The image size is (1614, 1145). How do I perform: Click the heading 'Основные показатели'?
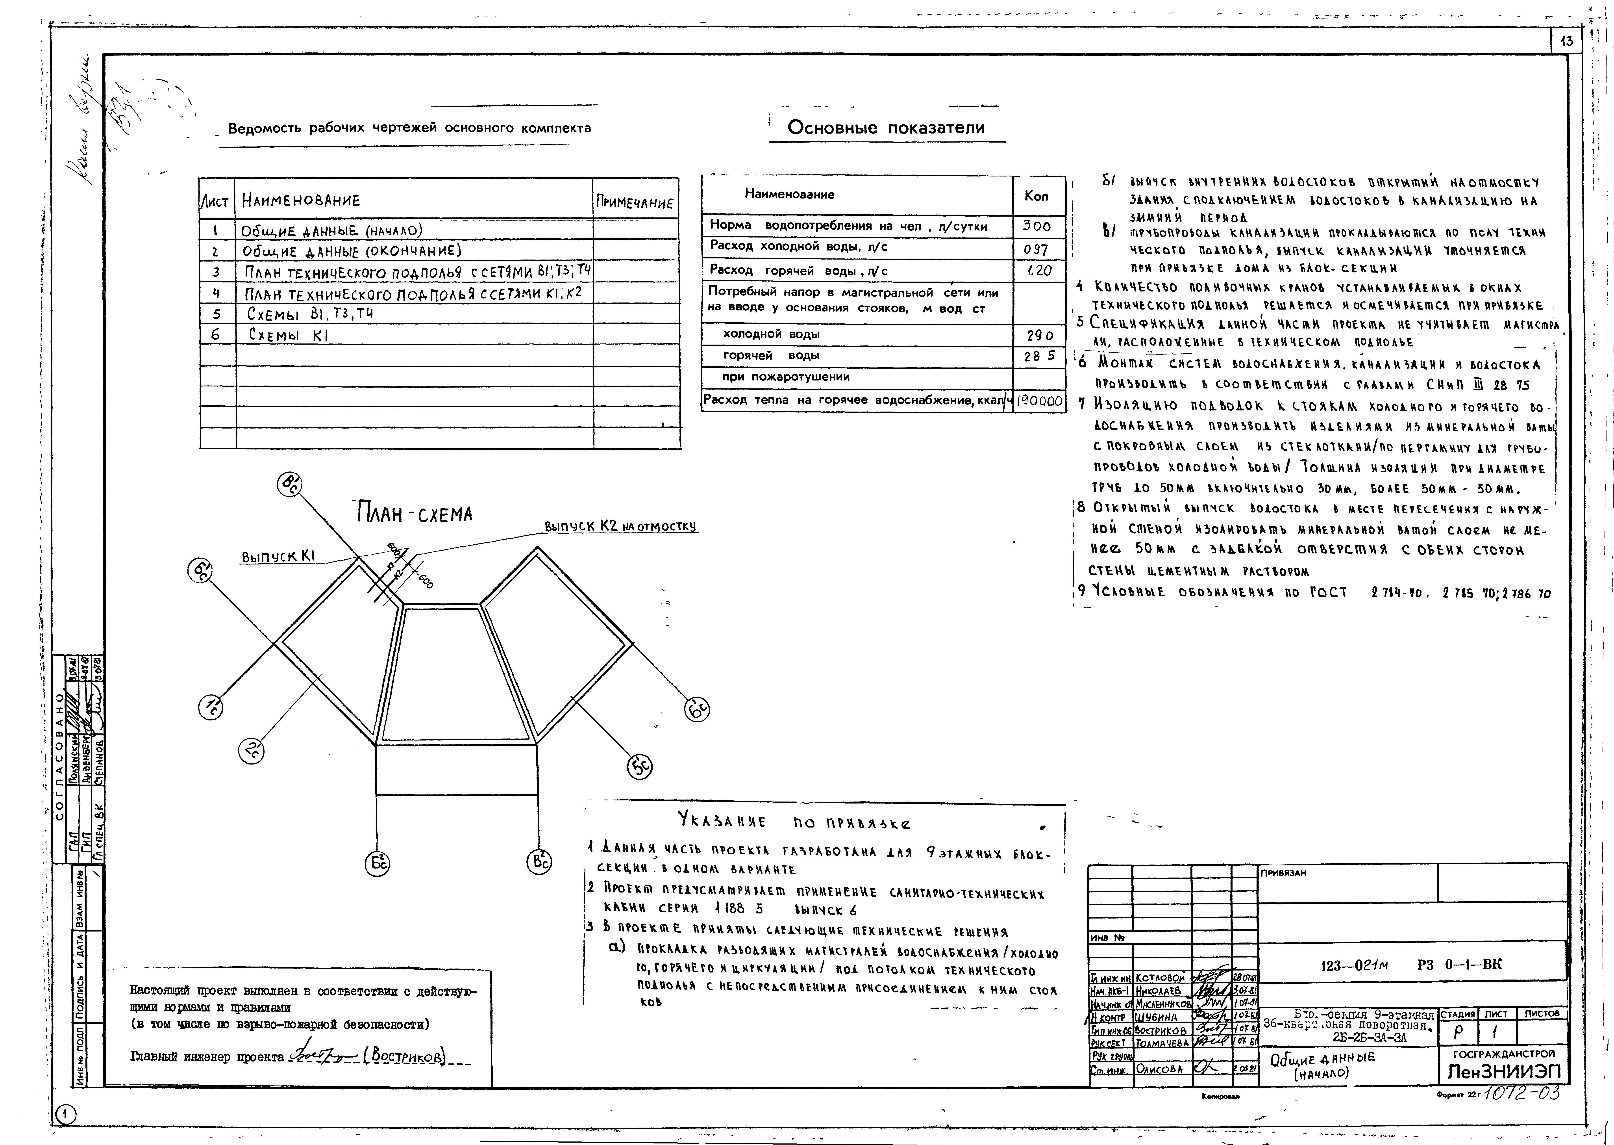tap(886, 128)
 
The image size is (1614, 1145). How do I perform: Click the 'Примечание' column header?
tap(634, 202)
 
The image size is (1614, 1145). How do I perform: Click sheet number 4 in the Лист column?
tap(216, 293)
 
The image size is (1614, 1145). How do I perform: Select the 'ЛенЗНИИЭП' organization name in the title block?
tap(1503, 1072)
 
